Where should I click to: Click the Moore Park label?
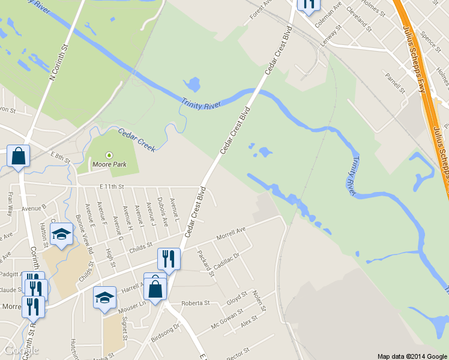coord(108,164)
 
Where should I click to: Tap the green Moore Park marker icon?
coord(109,155)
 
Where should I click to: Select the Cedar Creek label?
coord(137,140)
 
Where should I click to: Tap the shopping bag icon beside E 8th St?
coord(18,157)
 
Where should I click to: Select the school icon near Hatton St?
coord(61,234)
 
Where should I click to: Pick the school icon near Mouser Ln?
coord(104,297)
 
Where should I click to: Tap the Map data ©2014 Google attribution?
coord(412,356)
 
